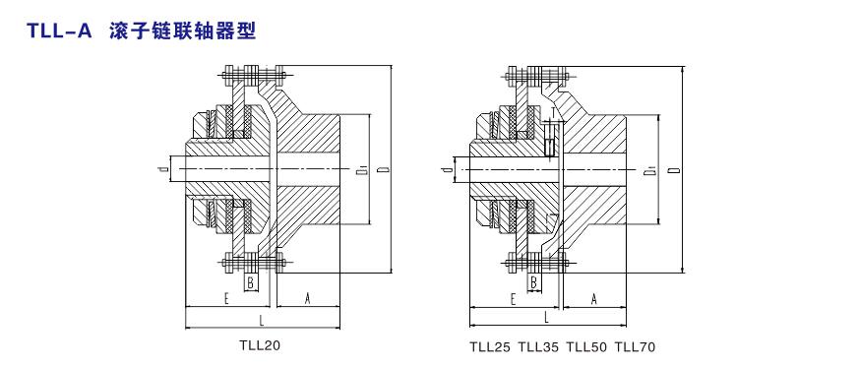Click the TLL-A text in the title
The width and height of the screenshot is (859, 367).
tap(59, 31)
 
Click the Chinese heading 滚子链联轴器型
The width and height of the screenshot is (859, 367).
tap(183, 31)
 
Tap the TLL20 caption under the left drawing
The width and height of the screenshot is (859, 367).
tap(260, 345)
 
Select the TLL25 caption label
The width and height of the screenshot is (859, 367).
tap(490, 346)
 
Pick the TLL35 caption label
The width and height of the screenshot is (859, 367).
tap(538, 346)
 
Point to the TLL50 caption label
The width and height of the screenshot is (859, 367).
tap(586, 346)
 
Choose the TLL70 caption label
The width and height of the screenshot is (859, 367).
tap(635, 346)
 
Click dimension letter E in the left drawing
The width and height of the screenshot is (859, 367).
tap(226, 298)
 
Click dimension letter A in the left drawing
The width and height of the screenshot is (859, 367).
tap(307, 298)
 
